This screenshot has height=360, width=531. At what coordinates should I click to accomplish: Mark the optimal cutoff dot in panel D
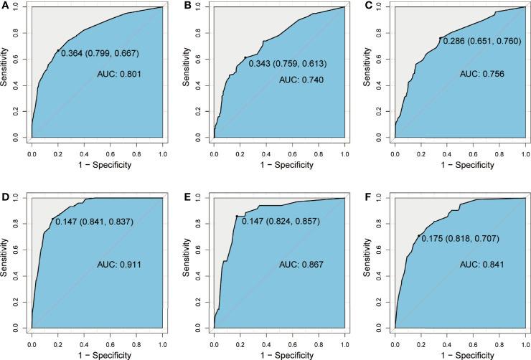coord(52,219)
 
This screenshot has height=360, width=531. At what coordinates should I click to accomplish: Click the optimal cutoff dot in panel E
coord(237,216)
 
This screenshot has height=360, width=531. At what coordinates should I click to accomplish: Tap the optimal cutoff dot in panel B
coord(245,58)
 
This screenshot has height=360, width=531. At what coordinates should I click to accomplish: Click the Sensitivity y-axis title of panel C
coord(370,70)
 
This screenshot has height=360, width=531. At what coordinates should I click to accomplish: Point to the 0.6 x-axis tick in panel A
coord(110,153)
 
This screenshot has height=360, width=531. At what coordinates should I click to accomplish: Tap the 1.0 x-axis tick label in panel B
coord(344,153)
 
